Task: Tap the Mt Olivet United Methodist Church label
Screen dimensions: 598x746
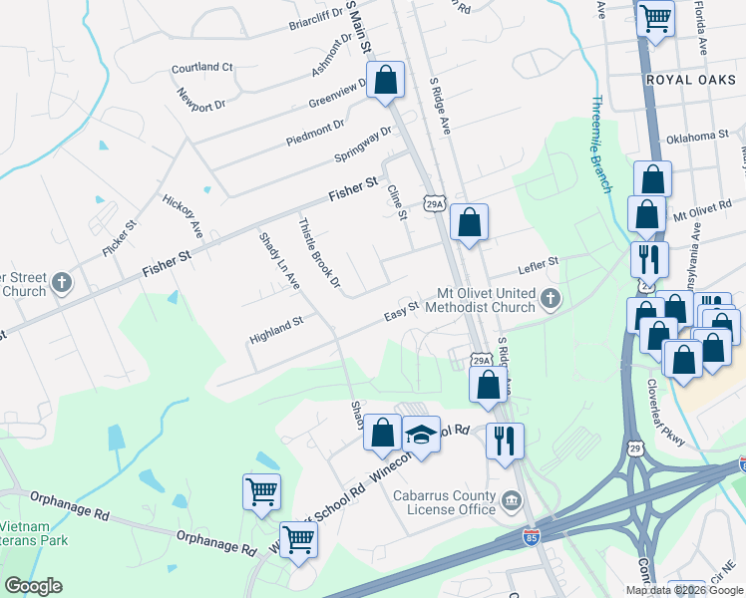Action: [487, 300]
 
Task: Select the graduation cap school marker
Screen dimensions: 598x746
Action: [422, 436]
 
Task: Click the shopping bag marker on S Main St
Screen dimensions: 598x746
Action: [385, 81]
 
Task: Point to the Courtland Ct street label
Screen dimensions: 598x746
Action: [201, 68]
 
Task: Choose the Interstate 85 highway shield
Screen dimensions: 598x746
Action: [533, 538]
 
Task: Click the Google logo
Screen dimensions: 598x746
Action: [33, 586]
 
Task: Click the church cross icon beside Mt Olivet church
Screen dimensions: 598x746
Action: [550, 298]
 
